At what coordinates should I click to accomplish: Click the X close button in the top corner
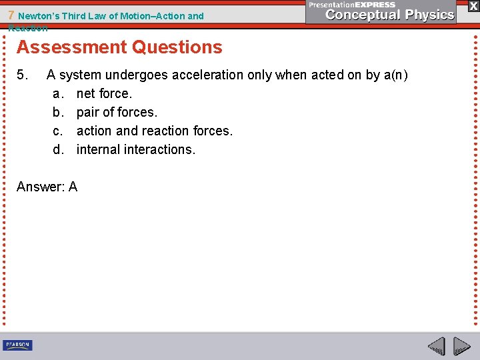click(473, 5)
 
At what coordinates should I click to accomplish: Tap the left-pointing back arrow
click(436, 346)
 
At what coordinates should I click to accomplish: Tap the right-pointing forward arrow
click(461, 346)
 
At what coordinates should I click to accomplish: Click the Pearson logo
click(17, 345)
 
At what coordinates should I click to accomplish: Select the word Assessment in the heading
click(71, 47)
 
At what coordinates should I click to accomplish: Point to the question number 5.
click(23, 75)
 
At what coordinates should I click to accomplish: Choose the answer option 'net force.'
click(104, 93)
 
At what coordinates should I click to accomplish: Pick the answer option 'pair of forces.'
click(117, 112)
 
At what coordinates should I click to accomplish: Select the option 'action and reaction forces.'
click(155, 131)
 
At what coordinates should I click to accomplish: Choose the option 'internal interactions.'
click(136, 149)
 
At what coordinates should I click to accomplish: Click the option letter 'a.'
click(59, 93)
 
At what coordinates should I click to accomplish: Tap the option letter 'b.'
click(59, 112)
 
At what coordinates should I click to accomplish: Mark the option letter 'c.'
click(59, 131)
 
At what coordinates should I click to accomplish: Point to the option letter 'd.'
click(59, 149)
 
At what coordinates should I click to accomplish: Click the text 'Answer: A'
click(47, 187)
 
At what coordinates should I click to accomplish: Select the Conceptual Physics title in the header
click(390, 15)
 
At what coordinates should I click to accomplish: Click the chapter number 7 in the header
click(12, 15)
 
